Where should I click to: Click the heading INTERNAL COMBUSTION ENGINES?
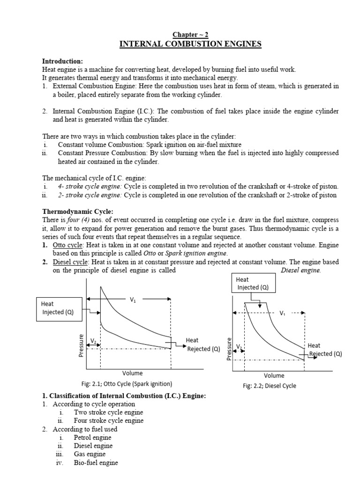point(190,45)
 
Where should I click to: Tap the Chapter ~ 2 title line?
point(190,35)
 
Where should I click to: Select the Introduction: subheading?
point(62,61)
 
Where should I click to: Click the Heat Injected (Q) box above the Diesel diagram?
point(253,284)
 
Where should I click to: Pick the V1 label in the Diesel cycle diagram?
point(282,313)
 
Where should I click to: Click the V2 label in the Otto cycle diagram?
point(94,341)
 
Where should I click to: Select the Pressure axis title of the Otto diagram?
point(81,345)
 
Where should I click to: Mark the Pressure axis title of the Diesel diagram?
point(229,349)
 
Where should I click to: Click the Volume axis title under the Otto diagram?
point(132,373)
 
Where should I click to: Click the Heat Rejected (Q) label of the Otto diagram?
point(202,345)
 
